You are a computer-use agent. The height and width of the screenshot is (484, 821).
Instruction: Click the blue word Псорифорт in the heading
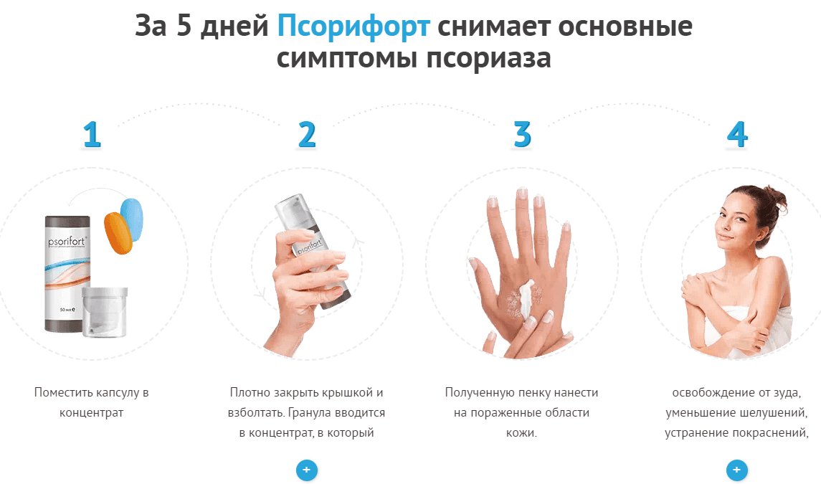click(353, 27)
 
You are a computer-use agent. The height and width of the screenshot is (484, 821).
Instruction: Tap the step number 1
click(92, 134)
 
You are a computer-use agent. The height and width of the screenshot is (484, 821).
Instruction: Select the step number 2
click(308, 134)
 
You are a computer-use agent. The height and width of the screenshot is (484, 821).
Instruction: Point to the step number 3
click(523, 134)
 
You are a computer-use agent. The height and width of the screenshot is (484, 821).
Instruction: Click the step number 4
click(737, 134)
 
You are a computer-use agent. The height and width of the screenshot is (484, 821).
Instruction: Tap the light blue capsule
click(132, 219)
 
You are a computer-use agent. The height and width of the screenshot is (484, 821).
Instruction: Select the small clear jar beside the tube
click(105, 312)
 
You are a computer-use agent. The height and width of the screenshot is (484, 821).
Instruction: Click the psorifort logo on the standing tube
click(67, 242)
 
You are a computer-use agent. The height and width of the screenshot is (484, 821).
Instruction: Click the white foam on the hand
click(526, 298)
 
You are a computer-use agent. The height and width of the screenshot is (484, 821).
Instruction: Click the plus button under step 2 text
click(307, 470)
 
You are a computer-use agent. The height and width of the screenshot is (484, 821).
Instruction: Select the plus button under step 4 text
click(736, 470)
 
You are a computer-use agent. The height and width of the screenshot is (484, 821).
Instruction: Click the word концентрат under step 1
click(92, 413)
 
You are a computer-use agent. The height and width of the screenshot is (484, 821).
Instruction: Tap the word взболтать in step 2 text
click(257, 413)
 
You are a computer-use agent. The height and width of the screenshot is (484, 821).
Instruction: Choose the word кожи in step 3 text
click(521, 433)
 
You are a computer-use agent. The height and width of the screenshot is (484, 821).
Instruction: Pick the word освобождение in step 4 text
click(715, 393)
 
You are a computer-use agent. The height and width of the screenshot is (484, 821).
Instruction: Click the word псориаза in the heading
click(488, 58)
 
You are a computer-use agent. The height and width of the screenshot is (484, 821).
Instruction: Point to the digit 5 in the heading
click(184, 27)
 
